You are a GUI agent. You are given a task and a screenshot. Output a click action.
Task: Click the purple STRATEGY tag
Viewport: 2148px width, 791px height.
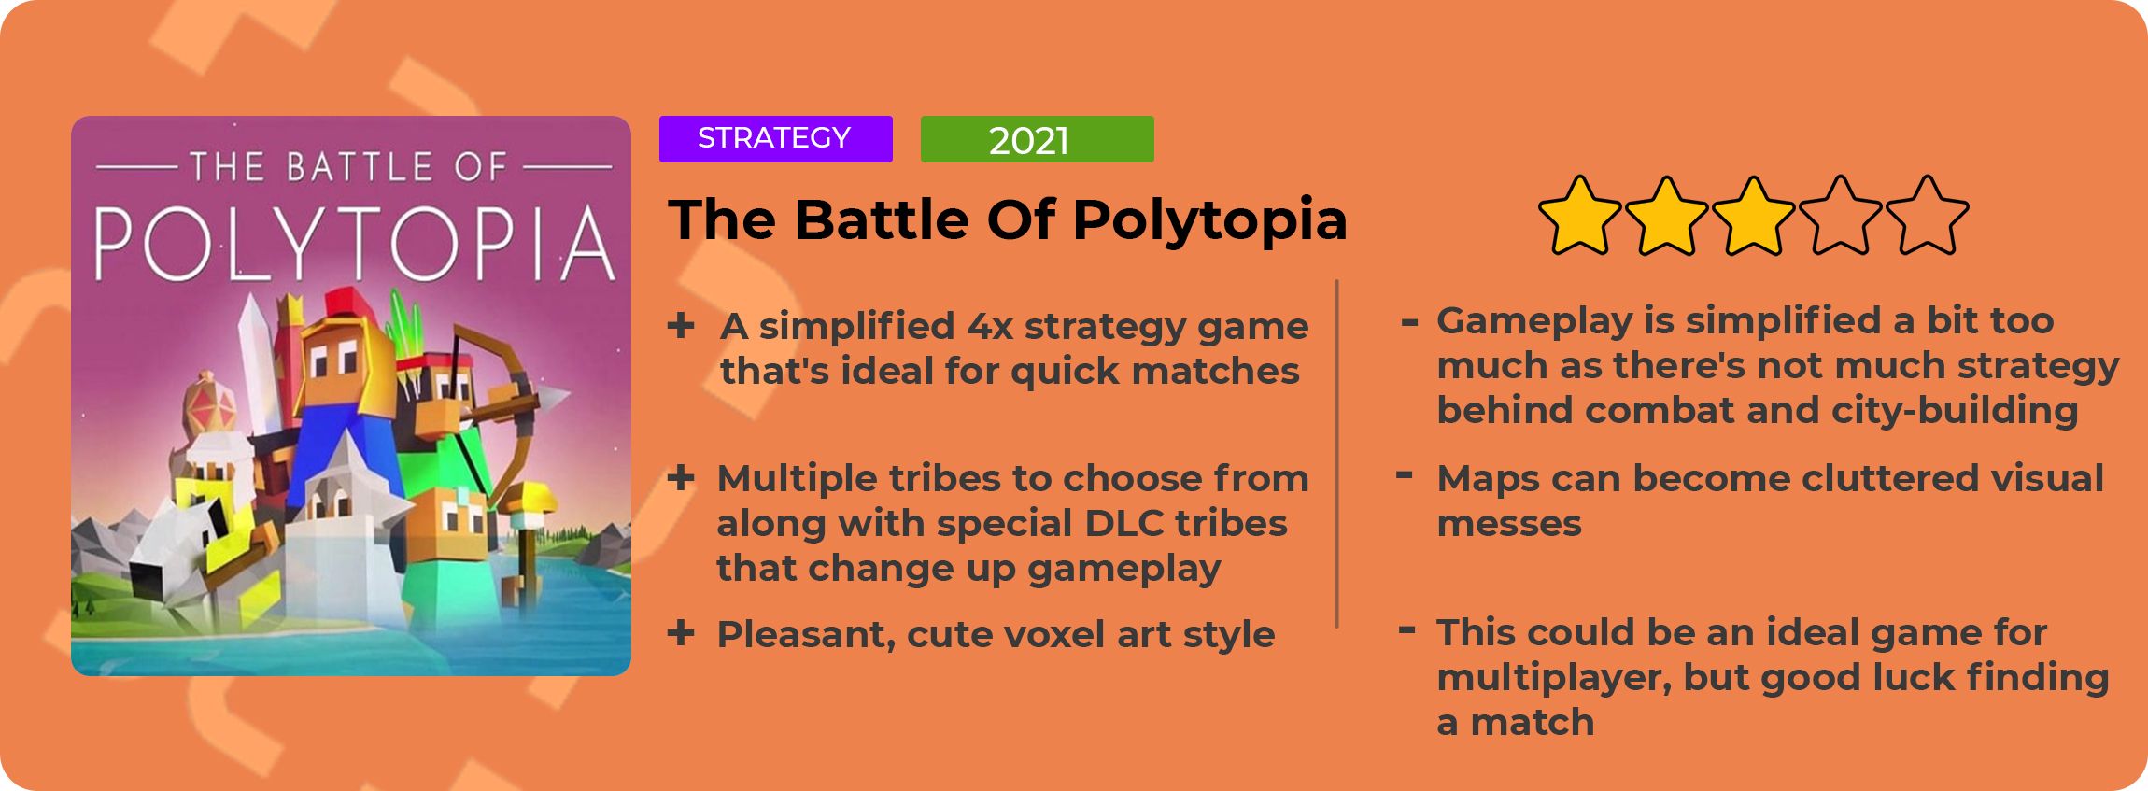[x=775, y=139]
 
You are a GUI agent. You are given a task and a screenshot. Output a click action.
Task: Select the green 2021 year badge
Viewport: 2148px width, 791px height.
[x=1037, y=139]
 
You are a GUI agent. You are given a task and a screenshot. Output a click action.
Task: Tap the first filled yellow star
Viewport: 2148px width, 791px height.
[x=1579, y=216]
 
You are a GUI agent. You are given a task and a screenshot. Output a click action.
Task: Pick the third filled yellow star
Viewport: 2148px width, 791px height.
[x=1753, y=216]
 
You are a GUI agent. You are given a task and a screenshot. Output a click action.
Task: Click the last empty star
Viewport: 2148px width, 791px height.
[x=1927, y=216]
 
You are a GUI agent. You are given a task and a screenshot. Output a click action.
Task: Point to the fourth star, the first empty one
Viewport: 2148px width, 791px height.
[x=1840, y=216]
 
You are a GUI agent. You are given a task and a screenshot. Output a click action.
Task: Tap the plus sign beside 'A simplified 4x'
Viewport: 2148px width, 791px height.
[x=681, y=326]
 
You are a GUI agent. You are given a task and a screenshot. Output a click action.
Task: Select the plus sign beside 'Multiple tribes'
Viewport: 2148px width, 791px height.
[x=681, y=478]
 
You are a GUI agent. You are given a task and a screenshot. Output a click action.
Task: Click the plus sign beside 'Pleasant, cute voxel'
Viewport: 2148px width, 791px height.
[x=681, y=633]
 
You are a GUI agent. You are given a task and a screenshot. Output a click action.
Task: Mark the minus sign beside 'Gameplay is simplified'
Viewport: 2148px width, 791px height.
[x=1409, y=323]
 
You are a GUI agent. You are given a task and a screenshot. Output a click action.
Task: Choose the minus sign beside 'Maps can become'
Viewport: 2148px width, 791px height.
[x=1404, y=476]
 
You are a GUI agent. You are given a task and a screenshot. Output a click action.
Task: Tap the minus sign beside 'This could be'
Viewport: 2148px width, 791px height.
[x=1406, y=630]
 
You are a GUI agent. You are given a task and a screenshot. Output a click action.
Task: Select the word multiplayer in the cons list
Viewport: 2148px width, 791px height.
[x=1554, y=679]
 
